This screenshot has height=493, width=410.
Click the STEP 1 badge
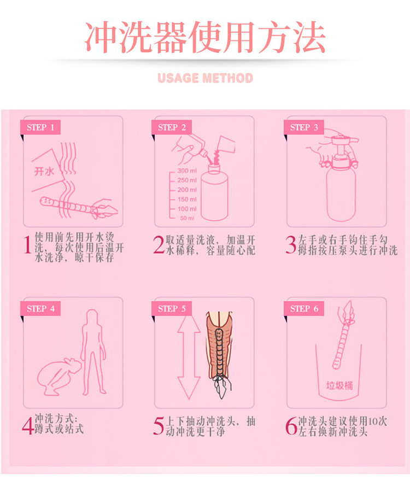41,127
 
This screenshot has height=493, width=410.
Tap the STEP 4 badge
41,308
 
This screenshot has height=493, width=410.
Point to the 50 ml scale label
187,218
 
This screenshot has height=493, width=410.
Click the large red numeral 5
158,427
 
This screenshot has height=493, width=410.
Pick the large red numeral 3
290,246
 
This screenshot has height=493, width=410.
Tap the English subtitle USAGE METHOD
205,78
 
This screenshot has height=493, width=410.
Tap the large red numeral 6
290,427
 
